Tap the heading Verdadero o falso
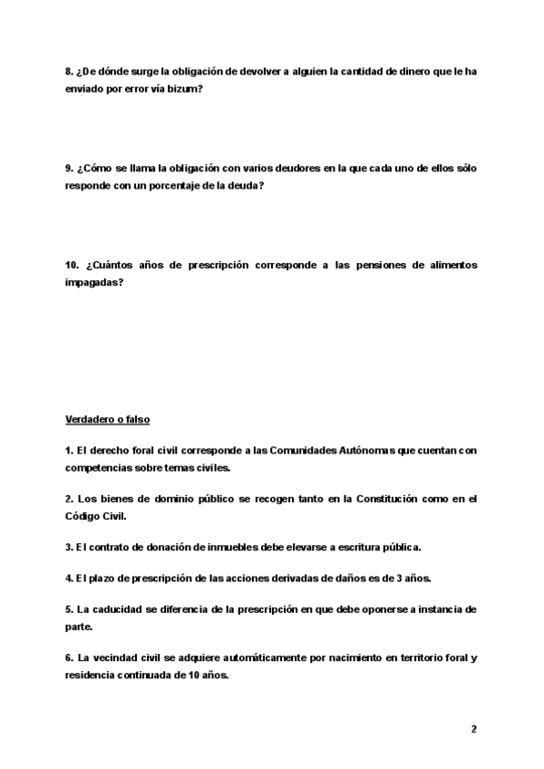pos(108,421)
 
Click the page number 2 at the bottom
pos(473,728)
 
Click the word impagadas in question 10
pos(93,281)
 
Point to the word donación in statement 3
pos(169,548)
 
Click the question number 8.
pos(69,73)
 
